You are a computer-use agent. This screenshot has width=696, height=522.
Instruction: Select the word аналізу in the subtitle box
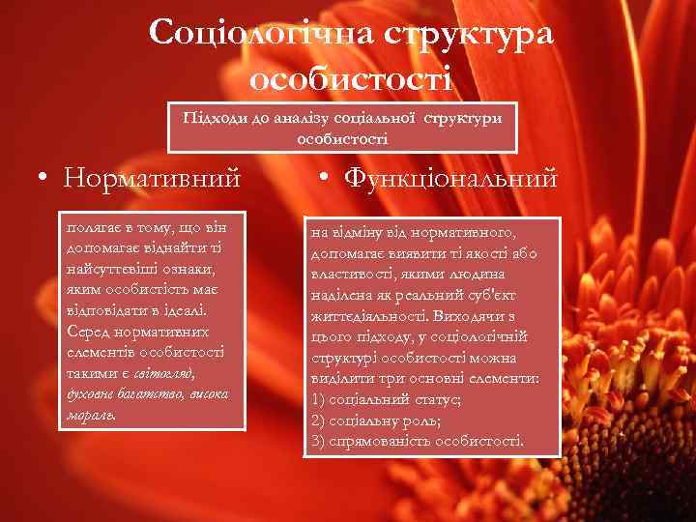[294, 117]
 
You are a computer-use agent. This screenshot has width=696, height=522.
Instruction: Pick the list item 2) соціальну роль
[377, 420]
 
